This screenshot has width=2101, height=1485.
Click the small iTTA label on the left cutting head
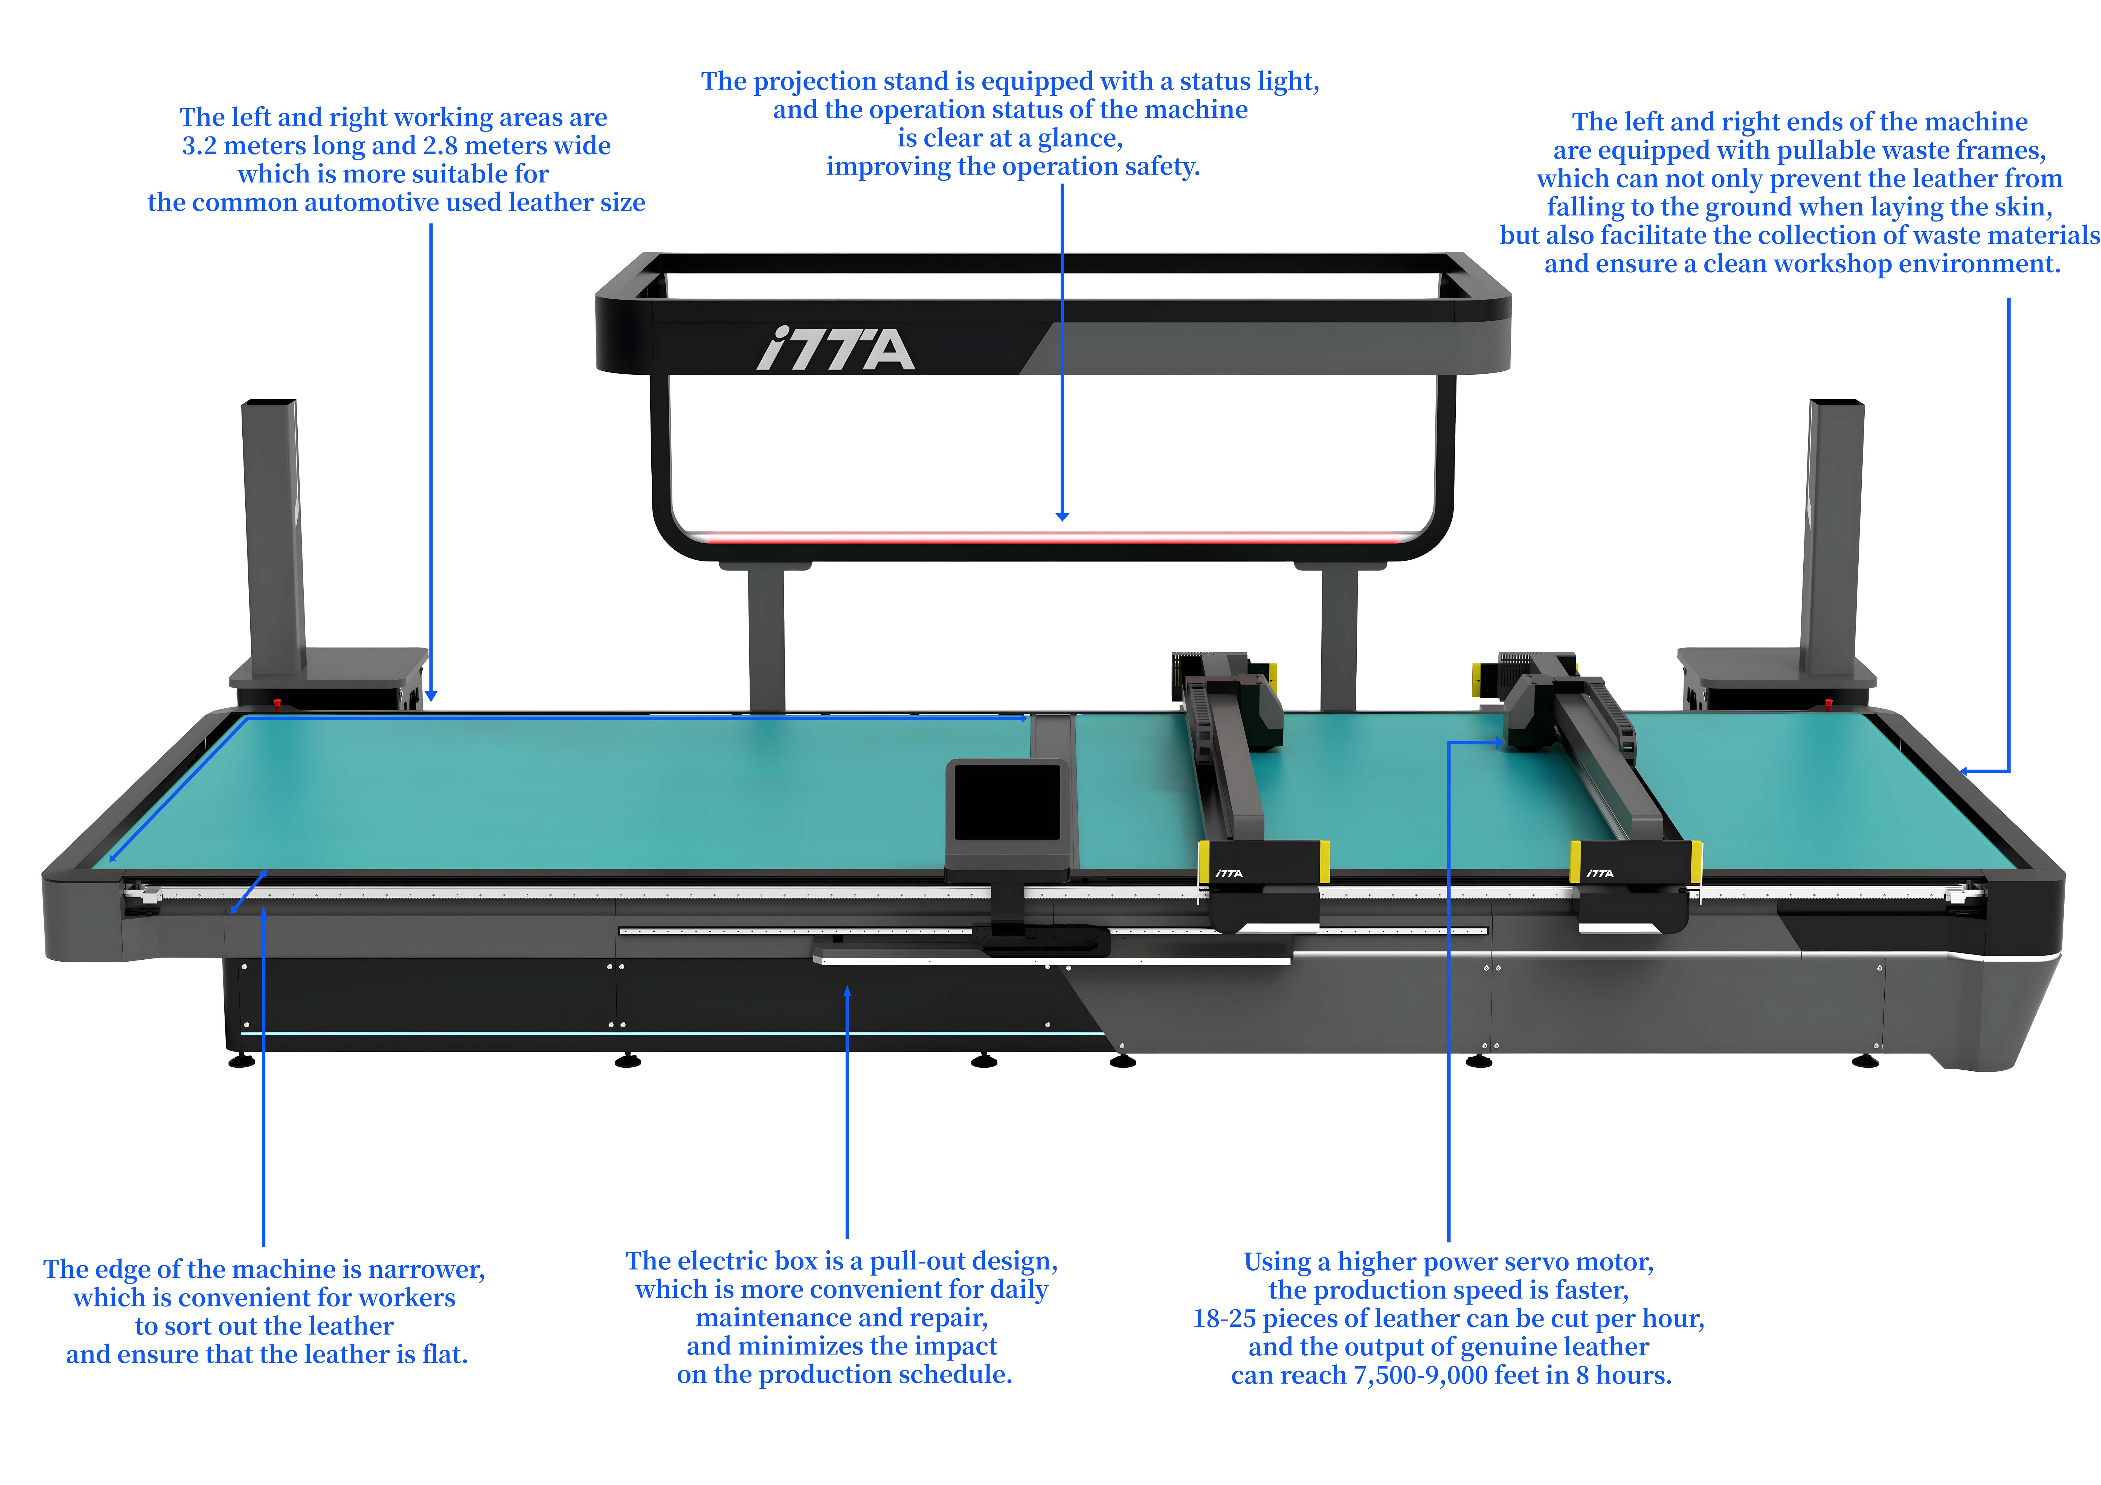(x=1229, y=874)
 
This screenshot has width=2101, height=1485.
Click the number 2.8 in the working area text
(x=439, y=146)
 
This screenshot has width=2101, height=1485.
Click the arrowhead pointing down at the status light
(x=1062, y=516)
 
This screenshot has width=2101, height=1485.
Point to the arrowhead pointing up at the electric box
(x=847, y=992)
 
